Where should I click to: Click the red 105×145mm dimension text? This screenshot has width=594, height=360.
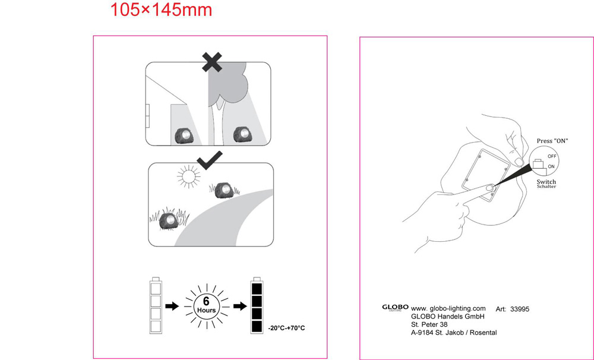[x=161, y=10]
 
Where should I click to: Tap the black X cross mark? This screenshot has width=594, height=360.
[x=212, y=62]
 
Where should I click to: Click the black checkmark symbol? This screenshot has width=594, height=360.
[x=210, y=160]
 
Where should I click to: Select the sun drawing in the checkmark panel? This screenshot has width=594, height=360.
[x=188, y=176]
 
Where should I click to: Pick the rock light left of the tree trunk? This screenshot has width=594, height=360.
[x=185, y=135]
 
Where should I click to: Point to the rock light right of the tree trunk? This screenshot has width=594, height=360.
[x=242, y=134]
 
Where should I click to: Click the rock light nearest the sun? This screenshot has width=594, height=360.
[x=223, y=191]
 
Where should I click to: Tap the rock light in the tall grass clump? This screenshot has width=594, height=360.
[x=168, y=221]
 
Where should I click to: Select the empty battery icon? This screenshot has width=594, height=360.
[x=156, y=305]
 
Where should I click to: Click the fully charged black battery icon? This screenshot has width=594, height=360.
[x=257, y=306]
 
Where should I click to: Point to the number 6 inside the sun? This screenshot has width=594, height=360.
[x=206, y=301]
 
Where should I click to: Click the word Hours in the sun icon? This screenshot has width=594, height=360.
[x=207, y=310]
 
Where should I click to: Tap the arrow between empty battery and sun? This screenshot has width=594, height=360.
[x=172, y=306]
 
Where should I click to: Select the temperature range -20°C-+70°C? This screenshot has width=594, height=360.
[x=286, y=328]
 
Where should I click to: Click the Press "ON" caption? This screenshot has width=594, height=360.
[x=552, y=141]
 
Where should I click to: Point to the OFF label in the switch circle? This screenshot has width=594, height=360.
[x=552, y=156]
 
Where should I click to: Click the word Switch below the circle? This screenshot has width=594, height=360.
[x=546, y=182]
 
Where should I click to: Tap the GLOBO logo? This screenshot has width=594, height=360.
[x=395, y=307]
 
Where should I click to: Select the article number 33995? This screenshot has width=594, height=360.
[x=520, y=310]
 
